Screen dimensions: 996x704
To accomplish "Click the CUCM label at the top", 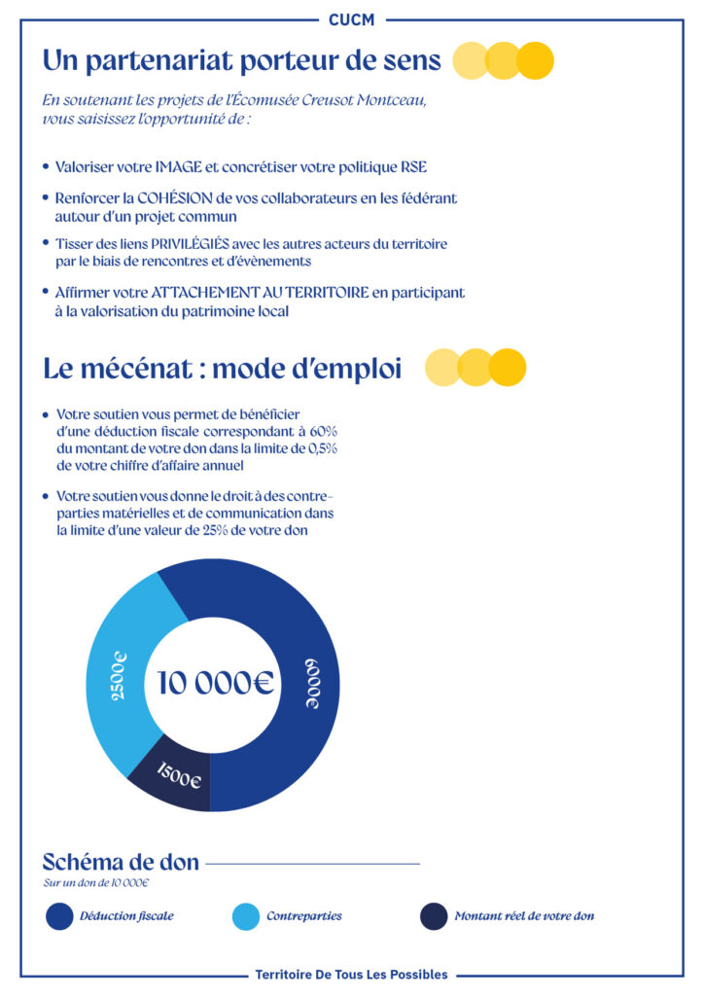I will coord(351,18).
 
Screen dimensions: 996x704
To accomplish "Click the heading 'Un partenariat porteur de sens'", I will coord(241,60).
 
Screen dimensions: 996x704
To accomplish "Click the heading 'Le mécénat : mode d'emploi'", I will coord(222,370).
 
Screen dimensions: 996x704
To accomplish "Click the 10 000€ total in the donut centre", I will coord(216,683).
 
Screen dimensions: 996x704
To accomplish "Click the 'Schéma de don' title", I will coord(121,862).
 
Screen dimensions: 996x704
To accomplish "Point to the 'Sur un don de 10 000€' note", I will coord(96,883).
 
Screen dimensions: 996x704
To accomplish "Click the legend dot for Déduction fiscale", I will coord(60,916).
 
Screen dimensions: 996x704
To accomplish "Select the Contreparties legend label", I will coord(303,916).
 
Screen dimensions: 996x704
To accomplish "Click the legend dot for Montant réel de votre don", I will coord(434,916).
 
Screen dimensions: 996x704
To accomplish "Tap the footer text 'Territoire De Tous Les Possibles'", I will coord(351,974).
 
